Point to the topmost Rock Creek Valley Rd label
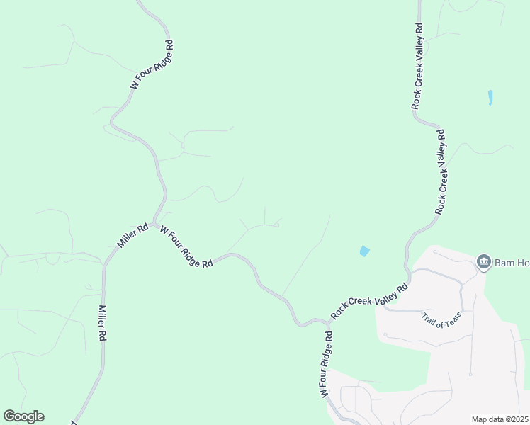(x=417, y=66)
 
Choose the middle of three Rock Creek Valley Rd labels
(x=441, y=171)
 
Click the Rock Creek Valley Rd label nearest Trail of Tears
(x=369, y=301)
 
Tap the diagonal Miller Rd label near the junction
(x=132, y=236)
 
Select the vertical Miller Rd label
(x=102, y=324)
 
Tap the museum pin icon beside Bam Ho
(x=484, y=263)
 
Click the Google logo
(x=23, y=416)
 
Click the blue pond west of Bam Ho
(x=364, y=251)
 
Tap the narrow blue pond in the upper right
(x=490, y=97)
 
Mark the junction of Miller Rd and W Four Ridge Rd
(x=154, y=224)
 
